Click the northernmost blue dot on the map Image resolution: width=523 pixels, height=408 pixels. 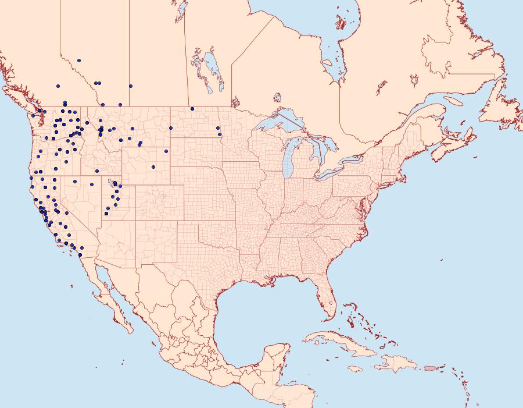pos(78,60)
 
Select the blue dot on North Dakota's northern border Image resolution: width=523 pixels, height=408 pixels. pos(192,108)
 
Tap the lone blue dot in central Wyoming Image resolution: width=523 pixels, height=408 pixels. pos(153,167)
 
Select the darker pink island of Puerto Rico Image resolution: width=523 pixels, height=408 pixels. pos(430,368)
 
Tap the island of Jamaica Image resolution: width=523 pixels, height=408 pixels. pos(356,369)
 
